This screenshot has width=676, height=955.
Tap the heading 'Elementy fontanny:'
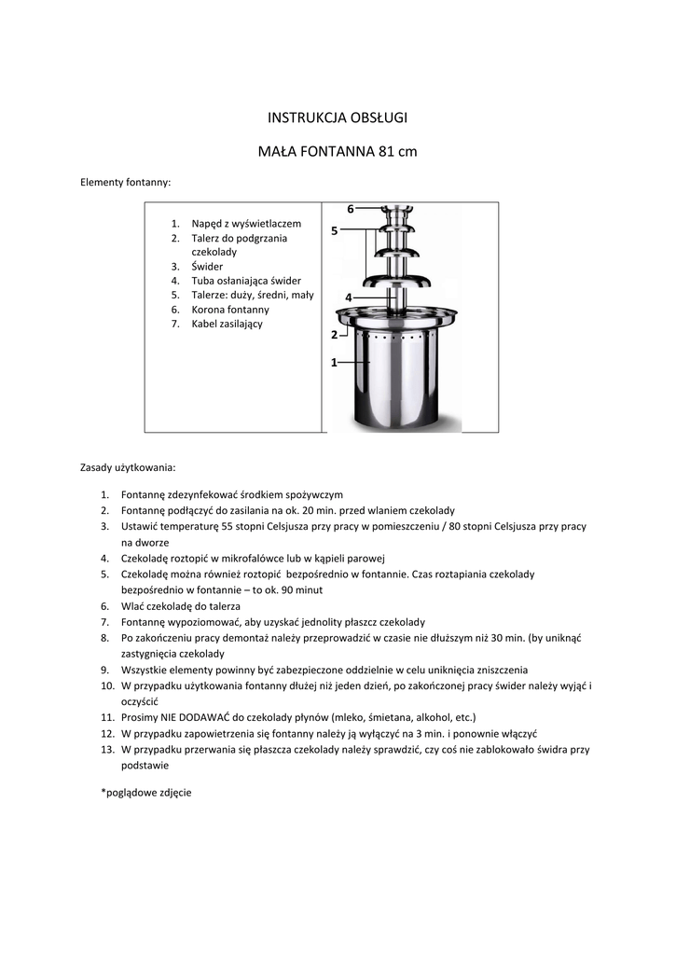coord(126,183)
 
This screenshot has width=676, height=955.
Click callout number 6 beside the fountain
coord(351,209)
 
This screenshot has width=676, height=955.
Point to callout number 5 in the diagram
coord(334,230)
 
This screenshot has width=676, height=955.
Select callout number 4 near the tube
coord(348,297)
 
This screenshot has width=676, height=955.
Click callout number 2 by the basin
coord(333,334)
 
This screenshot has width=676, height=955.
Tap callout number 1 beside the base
coord(333,363)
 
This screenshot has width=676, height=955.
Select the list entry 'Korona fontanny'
coord(230,310)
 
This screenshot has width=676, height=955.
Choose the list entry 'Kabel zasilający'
coord(228,324)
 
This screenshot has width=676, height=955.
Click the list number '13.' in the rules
coord(107,749)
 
